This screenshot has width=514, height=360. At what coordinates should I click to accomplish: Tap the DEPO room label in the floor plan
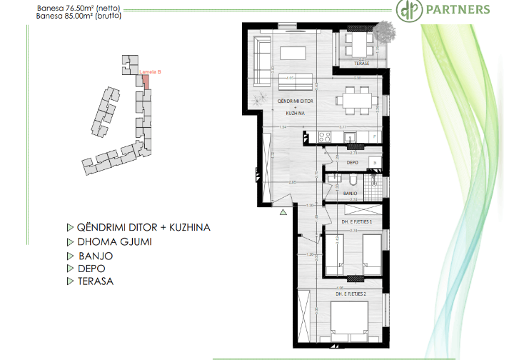click(351, 162)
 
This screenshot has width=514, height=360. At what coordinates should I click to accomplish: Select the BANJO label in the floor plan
click(350, 193)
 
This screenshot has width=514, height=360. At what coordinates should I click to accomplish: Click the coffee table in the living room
click(293, 54)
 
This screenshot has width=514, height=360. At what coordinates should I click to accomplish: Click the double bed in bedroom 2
click(349, 319)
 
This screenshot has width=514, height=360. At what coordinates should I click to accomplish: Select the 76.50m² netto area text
click(69, 6)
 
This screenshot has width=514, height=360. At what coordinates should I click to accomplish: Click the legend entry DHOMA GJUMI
click(113, 241)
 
